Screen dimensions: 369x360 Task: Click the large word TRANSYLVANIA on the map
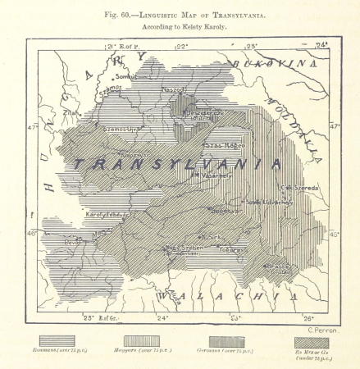[x=175, y=163]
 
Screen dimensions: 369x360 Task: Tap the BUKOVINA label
[x=271, y=64]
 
